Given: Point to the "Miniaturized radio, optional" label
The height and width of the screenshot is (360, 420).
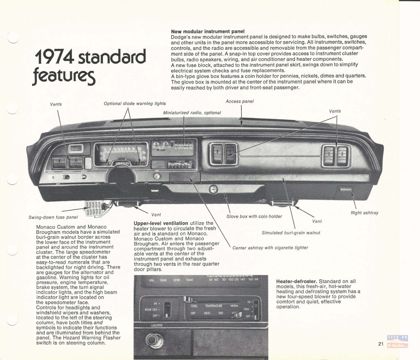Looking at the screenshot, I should pyautogui.click(x=192, y=113).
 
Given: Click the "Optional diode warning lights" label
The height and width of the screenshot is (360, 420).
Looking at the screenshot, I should pyautogui.click(x=135, y=103).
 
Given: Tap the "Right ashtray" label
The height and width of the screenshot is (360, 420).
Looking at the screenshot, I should pyautogui.click(x=364, y=213).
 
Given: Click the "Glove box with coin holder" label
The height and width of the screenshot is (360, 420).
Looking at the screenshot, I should pyautogui.click(x=254, y=216).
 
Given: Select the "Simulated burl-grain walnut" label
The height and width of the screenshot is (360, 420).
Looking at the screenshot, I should pyautogui.click(x=291, y=233).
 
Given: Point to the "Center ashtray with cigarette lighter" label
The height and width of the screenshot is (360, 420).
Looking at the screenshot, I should pyautogui.click(x=270, y=248).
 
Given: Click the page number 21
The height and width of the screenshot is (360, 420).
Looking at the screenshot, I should pyautogui.click(x=381, y=344).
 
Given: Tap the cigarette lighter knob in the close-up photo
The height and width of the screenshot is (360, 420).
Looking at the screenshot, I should pyautogui.click(x=155, y=340).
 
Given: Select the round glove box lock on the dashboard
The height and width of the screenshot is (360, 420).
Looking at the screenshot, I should pyautogui.click(x=212, y=189).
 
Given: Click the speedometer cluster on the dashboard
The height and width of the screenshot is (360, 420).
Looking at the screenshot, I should pyautogui.click(x=121, y=154).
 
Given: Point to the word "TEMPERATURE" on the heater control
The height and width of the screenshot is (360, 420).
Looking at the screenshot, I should pyautogui.click(x=214, y=306).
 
